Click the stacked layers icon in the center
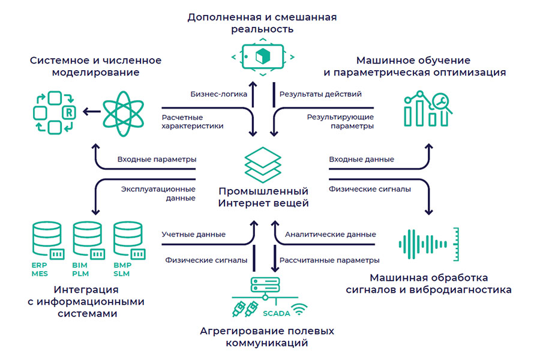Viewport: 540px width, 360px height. point(262,163)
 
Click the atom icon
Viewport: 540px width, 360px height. point(125,111)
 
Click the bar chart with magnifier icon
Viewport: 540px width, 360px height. point(425,108)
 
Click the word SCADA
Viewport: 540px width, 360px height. point(277,313)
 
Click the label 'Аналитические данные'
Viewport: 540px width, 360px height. point(331,234)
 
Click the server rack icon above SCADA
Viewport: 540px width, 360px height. point(262,287)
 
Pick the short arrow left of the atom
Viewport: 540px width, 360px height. point(91,111)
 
